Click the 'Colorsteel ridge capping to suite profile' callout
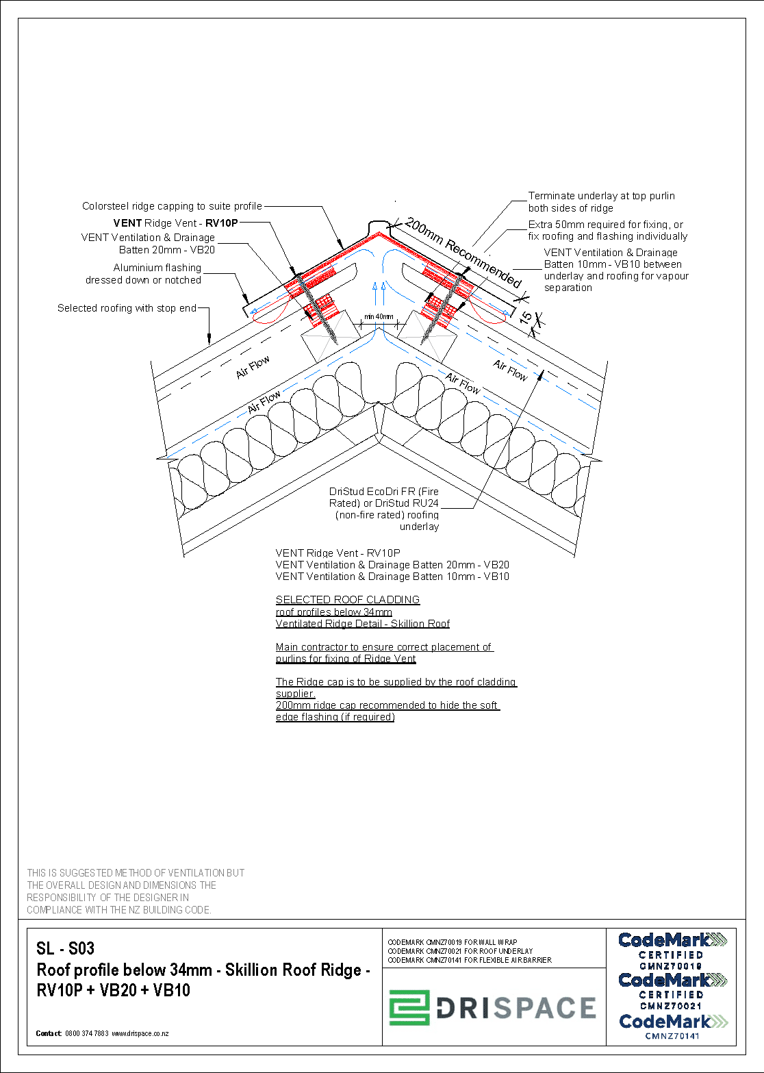(x=172, y=206)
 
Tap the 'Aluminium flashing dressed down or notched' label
(x=144, y=274)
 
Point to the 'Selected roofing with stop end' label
(x=127, y=308)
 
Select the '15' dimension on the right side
(x=526, y=318)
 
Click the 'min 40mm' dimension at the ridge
(x=379, y=317)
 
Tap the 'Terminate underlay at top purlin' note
(x=601, y=197)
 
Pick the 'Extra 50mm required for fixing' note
(x=605, y=225)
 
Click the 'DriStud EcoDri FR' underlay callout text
(x=384, y=492)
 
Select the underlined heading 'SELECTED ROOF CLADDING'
(x=348, y=600)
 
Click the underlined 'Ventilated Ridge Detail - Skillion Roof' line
(x=363, y=624)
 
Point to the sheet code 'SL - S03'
(x=66, y=948)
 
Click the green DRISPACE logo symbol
(x=409, y=1007)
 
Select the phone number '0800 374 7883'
(x=87, y=1033)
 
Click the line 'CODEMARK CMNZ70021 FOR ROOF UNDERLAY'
(x=460, y=951)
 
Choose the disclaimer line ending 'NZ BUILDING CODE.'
(x=119, y=910)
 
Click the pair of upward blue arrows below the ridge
(x=379, y=294)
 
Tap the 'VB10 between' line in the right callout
(x=613, y=264)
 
